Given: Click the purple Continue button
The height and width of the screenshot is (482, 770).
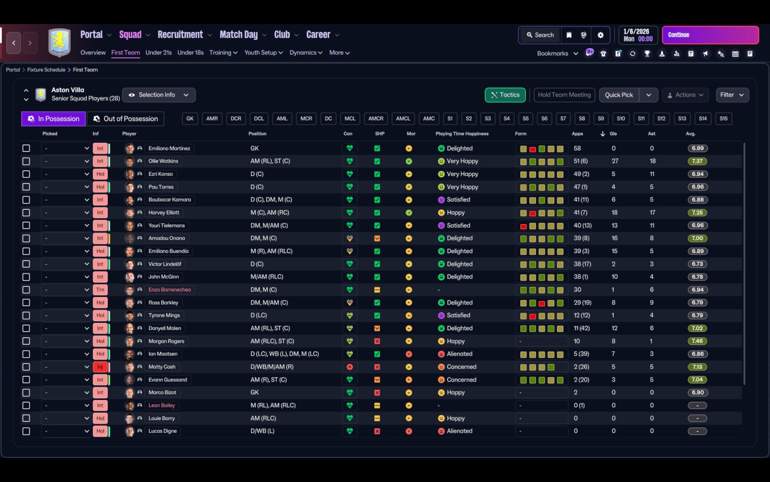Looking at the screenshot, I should point(710,35).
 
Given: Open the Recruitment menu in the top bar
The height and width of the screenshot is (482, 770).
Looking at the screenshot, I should point(180,35).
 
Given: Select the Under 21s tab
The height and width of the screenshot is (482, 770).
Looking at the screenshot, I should point(158,52).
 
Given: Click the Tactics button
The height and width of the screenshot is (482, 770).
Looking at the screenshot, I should point(505,95).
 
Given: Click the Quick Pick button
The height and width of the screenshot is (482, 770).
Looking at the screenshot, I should point(619,95).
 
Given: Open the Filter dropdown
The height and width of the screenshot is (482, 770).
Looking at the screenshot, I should point(732,95).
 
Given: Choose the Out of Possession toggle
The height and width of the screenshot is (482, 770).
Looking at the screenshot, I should point(126,119).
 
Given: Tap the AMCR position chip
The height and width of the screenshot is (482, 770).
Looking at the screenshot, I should point(376,119).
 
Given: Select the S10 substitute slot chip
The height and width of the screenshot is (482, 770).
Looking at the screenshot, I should point(621,119).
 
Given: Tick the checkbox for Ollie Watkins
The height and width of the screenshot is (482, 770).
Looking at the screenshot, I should point(26,161).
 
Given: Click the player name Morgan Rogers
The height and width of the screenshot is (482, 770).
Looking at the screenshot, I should point(167,341).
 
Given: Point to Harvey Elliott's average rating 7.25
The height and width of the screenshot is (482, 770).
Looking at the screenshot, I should point(697,213).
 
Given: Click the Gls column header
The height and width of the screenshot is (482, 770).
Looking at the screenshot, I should point(614,134).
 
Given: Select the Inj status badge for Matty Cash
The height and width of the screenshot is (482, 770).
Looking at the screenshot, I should point(100,367).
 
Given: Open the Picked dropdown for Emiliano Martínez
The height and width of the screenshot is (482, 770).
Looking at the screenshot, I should point(66,148).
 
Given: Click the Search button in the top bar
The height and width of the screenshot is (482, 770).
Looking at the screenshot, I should point(540,35).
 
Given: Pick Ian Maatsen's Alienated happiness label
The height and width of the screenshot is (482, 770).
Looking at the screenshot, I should point(460,354).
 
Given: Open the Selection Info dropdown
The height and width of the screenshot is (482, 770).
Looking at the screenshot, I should point(159,95).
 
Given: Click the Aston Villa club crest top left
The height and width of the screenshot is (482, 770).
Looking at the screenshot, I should point(59,42).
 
